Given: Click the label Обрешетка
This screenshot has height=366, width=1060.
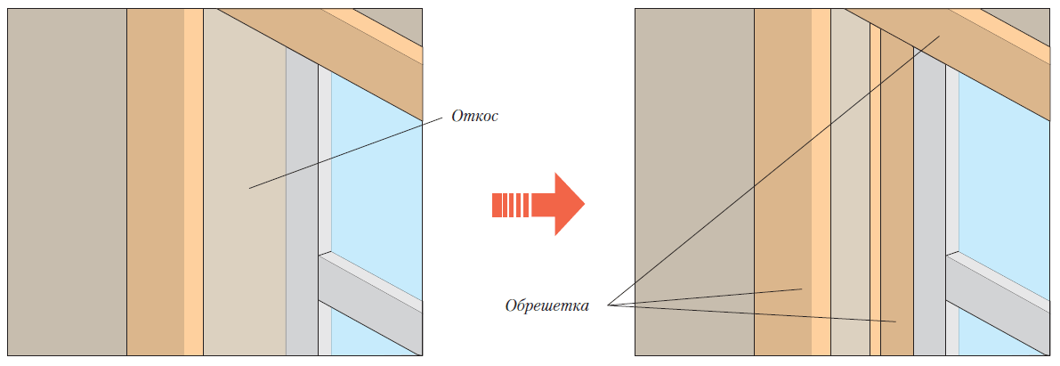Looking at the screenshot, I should (546, 306).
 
